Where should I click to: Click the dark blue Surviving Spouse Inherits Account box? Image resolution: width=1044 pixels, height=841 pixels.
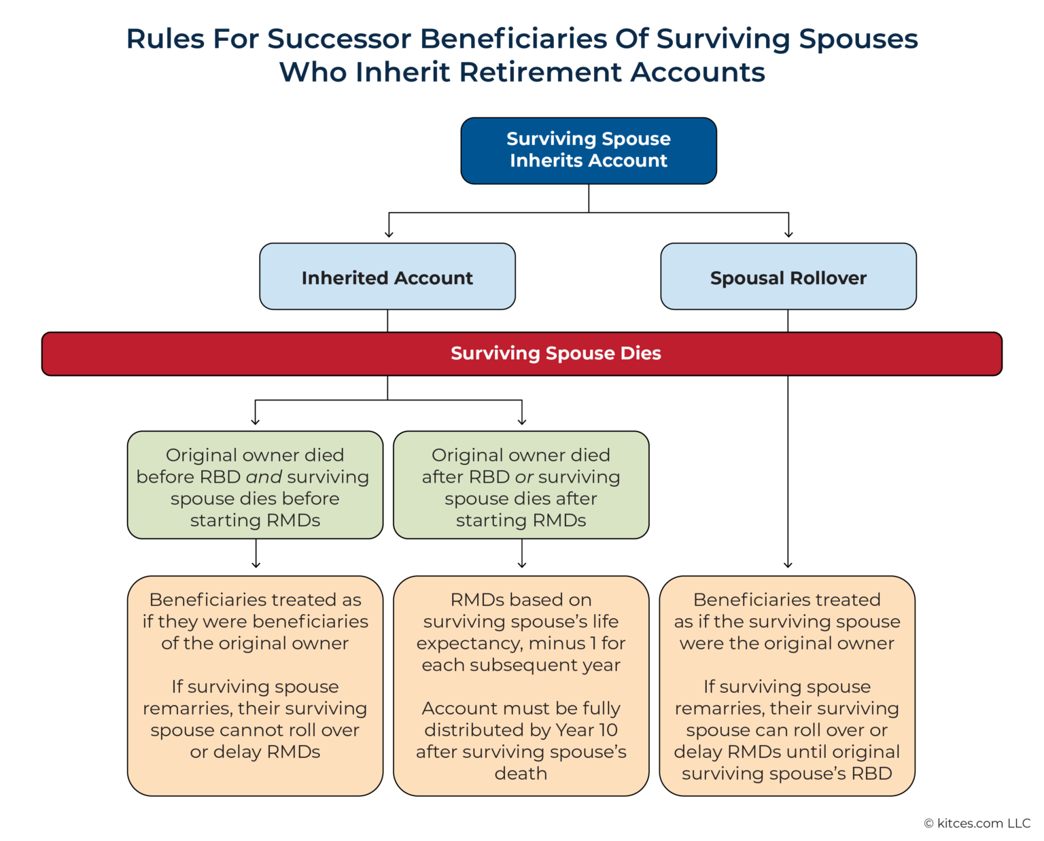pos(589,150)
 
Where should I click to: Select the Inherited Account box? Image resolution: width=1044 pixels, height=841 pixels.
pos(387,277)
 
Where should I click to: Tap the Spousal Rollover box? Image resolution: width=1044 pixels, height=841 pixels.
pos(788,277)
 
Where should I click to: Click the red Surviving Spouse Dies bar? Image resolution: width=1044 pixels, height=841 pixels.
pos(521,354)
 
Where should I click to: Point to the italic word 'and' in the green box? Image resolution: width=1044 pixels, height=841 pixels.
pos(264,477)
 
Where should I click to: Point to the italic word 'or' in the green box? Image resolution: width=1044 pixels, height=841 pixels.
pos(524,477)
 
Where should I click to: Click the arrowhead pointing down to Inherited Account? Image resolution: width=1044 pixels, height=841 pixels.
pos(389,234)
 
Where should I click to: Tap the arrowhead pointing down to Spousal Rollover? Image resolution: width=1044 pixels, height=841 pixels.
pos(788,234)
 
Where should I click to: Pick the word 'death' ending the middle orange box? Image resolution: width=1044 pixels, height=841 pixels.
pos(521,774)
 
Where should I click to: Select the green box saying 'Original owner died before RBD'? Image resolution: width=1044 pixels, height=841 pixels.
pos(255,485)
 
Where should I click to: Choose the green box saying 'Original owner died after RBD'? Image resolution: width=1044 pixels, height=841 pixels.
pos(521,485)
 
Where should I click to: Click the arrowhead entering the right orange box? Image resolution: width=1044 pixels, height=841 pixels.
pos(788,564)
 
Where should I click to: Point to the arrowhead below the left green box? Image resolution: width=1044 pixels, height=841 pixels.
pos(256,564)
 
